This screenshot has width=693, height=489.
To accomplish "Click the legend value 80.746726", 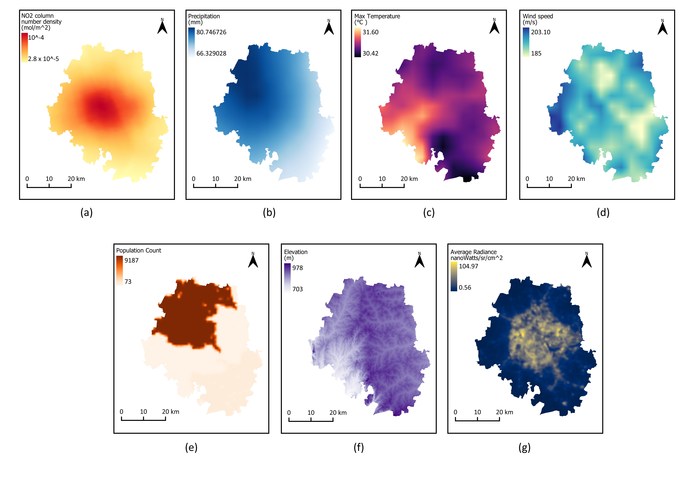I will click(x=211, y=32).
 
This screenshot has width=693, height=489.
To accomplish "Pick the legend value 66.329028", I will click(x=211, y=53).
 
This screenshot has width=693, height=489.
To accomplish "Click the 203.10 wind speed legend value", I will click(x=541, y=32).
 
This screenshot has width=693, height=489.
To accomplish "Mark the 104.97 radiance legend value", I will click(x=468, y=266).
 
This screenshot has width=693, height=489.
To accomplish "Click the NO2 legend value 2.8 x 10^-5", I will click(x=43, y=59).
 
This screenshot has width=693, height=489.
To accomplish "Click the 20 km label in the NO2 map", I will click(x=76, y=179).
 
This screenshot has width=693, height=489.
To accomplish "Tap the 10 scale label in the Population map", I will click(x=143, y=412).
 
